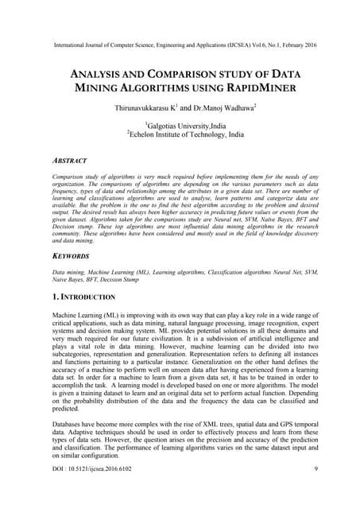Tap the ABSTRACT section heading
click(x=68, y=160)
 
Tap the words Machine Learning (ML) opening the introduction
click(x=87, y=318)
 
